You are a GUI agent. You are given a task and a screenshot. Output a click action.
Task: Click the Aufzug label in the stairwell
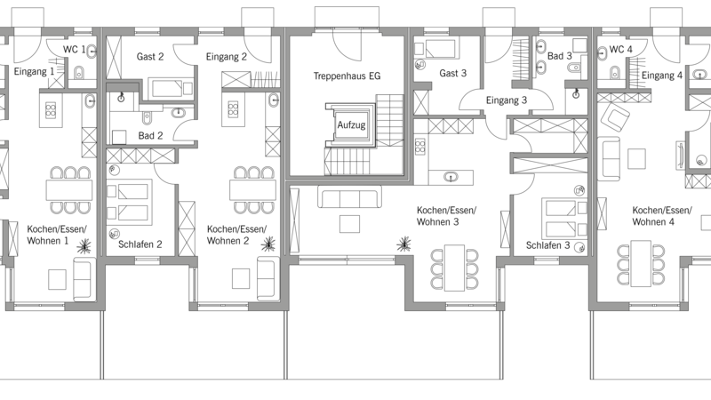(351, 125)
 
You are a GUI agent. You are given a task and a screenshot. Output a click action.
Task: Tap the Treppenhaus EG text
(347, 76)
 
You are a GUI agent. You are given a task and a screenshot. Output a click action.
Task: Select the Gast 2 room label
(150, 57)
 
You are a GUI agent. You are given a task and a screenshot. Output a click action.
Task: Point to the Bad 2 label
(150, 136)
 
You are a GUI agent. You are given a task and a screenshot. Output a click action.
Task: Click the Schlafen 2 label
(140, 244)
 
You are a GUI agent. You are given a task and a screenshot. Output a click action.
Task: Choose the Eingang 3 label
(507, 100)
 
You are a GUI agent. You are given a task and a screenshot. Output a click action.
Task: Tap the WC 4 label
(621, 50)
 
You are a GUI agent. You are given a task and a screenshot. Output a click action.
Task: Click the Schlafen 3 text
(547, 245)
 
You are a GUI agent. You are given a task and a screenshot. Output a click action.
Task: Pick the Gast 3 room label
(452, 73)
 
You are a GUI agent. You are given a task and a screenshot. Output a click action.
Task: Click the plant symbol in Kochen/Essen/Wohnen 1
(84, 246)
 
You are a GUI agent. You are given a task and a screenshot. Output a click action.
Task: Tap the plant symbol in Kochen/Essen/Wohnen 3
(403, 244)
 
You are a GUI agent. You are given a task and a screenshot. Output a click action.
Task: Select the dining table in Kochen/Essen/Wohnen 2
(252, 190)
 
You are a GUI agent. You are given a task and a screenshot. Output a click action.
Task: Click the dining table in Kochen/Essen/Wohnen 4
(641, 263)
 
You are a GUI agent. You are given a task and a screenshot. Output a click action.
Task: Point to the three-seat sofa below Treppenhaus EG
(349, 196)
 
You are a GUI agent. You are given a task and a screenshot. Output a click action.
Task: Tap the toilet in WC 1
(79, 72)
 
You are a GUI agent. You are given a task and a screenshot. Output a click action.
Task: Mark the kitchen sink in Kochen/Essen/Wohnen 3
(451, 177)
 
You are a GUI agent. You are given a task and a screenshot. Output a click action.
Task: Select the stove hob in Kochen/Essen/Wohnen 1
(51, 109)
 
